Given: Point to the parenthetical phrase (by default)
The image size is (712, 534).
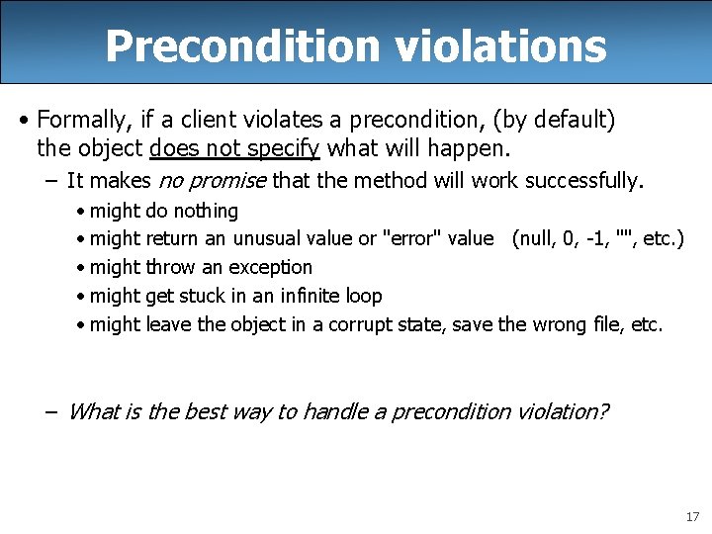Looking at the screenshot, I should click(x=557, y=121).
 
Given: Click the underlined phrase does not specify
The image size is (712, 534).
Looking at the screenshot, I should click(x=234, y=149).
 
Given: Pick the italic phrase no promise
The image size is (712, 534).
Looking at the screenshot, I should click(x=211, y=181).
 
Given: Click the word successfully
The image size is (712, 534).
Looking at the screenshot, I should click(x=589, y=181).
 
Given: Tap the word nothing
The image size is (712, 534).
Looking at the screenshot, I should click(x=205, y=211).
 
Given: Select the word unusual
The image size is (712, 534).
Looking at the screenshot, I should click(x=268, y=238).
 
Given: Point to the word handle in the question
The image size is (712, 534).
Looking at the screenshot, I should click(x=334, y=411).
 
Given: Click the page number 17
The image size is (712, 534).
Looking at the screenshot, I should click(x=691, y=517).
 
